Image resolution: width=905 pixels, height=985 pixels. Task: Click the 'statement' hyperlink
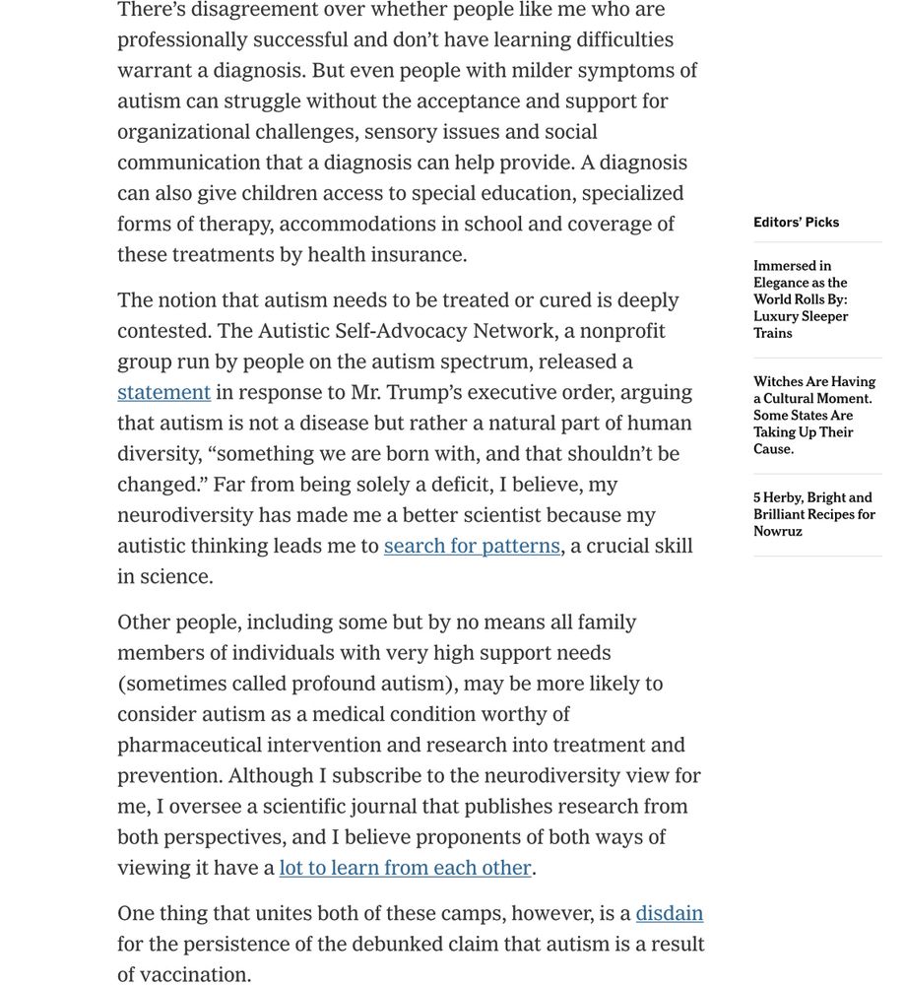163,392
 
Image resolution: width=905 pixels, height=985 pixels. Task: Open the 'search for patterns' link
472,546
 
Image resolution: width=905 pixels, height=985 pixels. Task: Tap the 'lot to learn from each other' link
405,868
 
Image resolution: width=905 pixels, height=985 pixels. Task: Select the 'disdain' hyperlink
669,913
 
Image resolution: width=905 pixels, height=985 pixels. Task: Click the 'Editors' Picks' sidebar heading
796,223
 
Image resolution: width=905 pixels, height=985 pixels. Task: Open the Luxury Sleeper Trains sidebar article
801,299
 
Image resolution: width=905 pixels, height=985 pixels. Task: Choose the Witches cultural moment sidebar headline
814,415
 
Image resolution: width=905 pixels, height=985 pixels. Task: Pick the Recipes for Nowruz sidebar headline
814,514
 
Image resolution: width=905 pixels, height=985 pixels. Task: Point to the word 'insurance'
419,254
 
